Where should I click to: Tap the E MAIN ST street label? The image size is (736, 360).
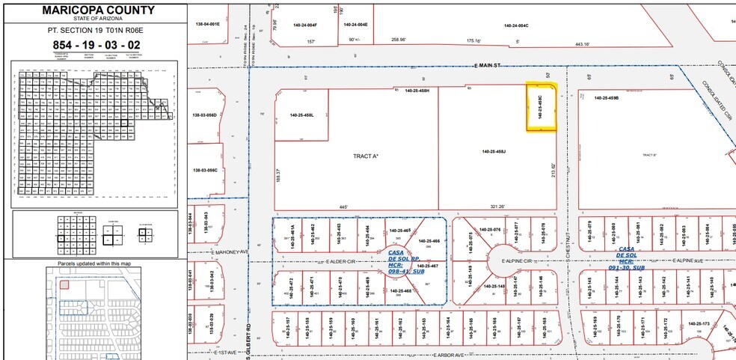point(490,67)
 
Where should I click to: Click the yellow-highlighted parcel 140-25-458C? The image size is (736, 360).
point(542,107)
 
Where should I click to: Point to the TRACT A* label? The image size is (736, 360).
point(366,156)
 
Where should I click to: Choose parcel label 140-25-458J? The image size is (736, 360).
point(494,152)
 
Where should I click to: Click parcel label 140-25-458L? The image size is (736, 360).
point(301,115)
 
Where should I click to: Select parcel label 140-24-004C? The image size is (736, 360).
point(516,25)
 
